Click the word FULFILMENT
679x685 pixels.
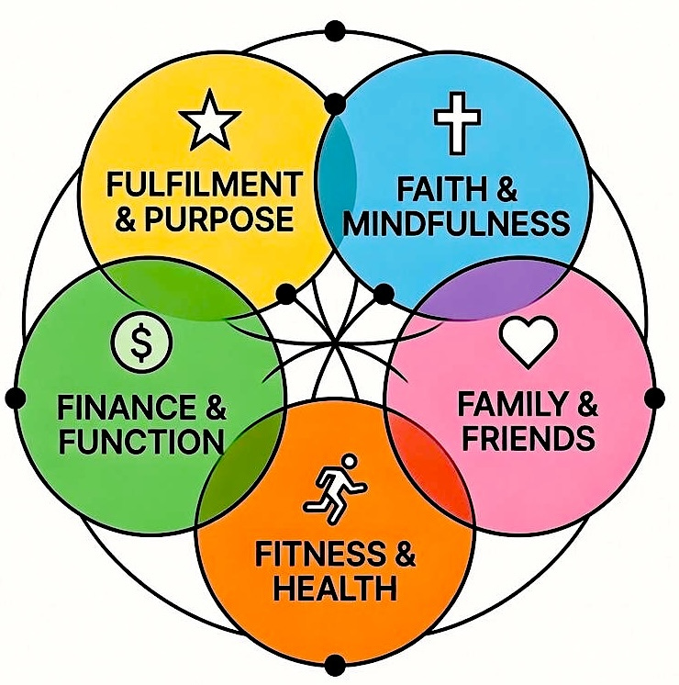(x=203, y=185)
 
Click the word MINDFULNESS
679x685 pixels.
(x=455, y=224)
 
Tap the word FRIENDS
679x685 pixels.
(x=528, y=438)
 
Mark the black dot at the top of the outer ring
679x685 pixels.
(x=335, y=33)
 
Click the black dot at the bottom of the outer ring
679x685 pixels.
(x=335, y=663)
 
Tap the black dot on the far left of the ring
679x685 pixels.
(x=15, y=398)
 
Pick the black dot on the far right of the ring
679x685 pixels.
(x=654, y=398)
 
